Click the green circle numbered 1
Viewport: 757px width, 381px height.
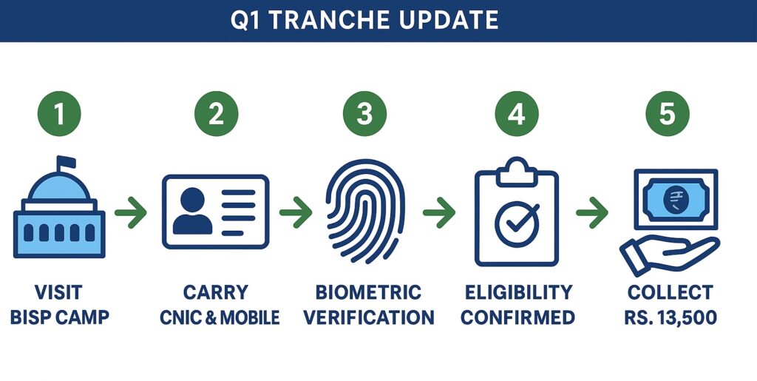(59, 113)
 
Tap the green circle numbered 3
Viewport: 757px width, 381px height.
(364, 113)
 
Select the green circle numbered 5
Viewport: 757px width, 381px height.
(668, 113)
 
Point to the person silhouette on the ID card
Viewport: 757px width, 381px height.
(193, 211)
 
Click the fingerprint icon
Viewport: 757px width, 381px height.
(365, 211)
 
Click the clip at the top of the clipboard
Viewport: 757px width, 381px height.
(517, 172)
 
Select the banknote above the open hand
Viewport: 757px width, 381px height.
(676, 200)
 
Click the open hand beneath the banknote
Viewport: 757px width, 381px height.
(668, 253)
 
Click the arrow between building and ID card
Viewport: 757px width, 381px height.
(131, 212)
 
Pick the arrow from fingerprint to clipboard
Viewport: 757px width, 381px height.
(439, 212)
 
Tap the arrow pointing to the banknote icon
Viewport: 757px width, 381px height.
(592, 212)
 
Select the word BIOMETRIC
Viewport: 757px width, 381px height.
(368, 292)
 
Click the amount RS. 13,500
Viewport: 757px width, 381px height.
(670, 317)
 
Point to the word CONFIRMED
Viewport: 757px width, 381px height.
(517, 317)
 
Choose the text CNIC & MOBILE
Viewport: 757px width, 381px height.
(220, 317)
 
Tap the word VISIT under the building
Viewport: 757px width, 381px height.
(58, 292)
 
